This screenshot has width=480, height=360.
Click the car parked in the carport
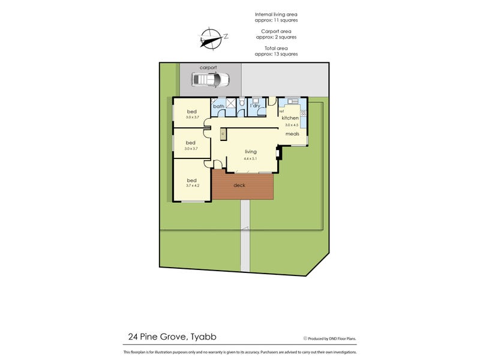211,79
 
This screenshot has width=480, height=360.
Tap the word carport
208,68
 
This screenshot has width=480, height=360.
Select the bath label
218,107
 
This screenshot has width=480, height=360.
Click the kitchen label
290,118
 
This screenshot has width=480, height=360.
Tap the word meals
292,134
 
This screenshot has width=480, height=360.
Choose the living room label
250,152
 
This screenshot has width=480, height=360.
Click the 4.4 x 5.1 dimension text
250,159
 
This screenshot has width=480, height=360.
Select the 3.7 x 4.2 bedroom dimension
192,186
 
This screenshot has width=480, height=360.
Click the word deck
239,185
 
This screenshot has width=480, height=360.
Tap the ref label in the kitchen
281,112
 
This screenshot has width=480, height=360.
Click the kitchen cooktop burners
303,113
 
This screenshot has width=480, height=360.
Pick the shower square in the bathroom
230,103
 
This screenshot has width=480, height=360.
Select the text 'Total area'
275,47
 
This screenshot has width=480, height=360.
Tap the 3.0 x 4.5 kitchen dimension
290,125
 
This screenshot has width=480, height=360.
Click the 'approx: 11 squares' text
275,20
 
